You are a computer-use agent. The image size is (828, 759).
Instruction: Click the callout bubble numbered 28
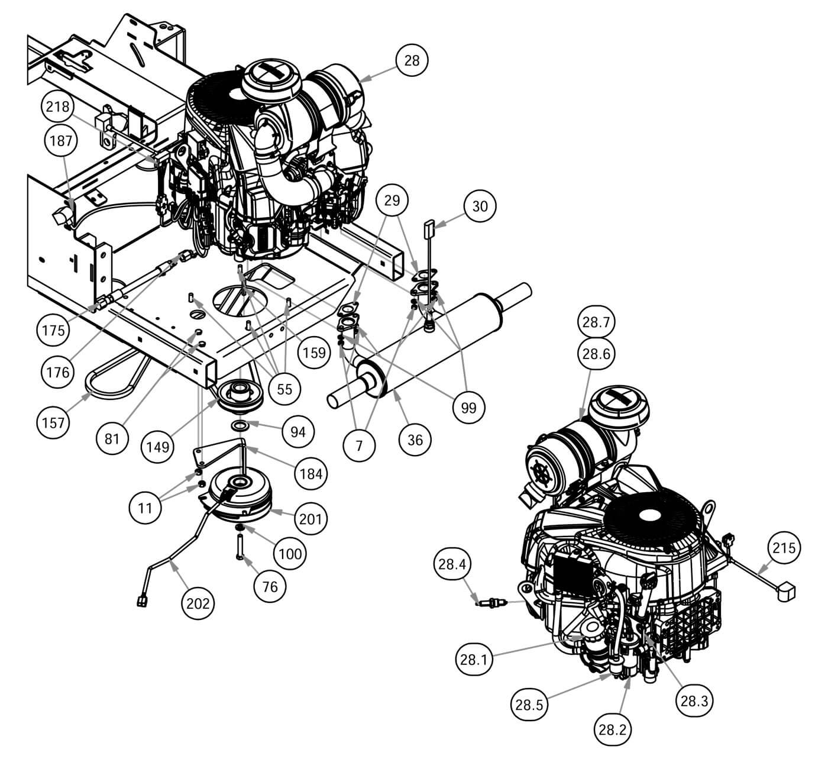click(411, 60)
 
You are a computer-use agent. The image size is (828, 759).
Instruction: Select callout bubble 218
click(58, 108)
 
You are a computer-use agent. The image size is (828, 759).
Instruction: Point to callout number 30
click(480, 206)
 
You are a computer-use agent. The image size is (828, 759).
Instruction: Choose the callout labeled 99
click(468, 408)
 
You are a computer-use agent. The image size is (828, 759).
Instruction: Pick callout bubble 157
click(54, 423)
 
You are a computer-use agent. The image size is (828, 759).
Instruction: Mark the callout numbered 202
click(198, 603)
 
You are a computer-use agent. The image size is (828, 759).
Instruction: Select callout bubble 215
click(784, 547)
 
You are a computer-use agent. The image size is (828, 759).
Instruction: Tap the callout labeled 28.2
click(612, 729)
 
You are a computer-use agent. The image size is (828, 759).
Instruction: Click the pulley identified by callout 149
click(241, 395)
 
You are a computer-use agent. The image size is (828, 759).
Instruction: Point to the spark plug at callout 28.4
click(491, 604)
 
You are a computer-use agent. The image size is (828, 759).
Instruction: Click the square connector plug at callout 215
click(785, 590)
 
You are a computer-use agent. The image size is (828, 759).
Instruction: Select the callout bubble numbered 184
click(311, 473)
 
